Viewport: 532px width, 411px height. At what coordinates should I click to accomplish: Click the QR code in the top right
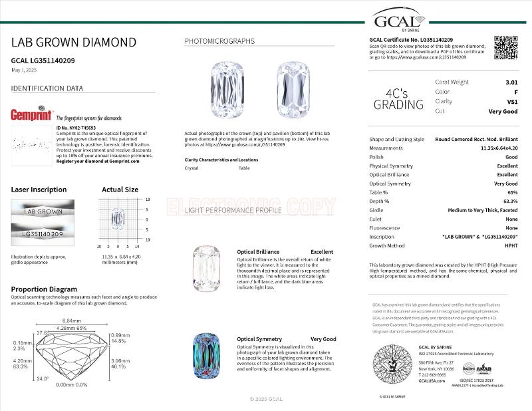(x=506, y=48)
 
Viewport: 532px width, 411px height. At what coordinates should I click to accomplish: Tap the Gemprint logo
(x=32, y=114)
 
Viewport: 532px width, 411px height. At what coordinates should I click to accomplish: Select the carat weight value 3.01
(x=511, y=82)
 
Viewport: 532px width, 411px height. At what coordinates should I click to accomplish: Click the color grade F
(x=515, y=92)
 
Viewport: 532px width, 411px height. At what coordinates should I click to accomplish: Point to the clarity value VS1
(x=512, y=102)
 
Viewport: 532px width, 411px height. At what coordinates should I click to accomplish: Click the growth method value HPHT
(x=511, y=245)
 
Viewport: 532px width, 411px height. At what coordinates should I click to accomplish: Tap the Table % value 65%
(x=511, y=192)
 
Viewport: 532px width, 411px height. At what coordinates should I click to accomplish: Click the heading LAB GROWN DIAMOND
(x=74, y=43)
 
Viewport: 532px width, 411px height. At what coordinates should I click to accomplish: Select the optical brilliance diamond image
(x=206, y=269)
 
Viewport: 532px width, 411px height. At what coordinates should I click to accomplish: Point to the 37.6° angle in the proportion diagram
(x=41, y=333)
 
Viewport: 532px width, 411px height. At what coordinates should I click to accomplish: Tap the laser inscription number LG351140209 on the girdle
(x=43, y=234)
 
